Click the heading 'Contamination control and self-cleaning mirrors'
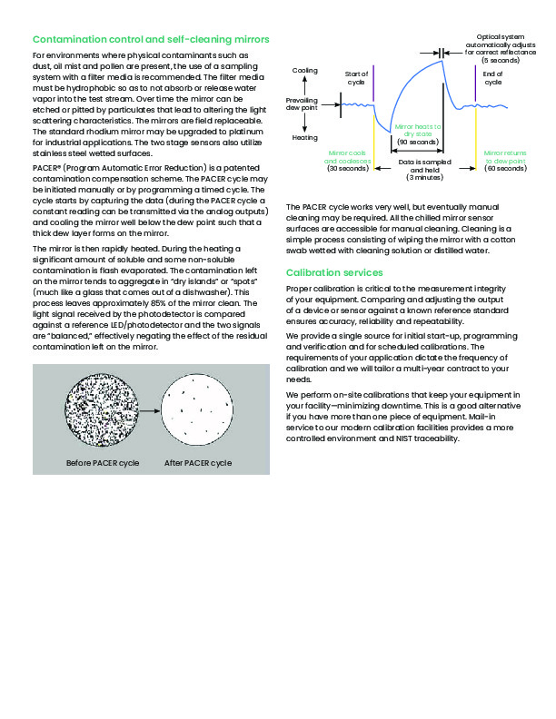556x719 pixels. [150, 40]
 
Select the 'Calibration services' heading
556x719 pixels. [334, 272]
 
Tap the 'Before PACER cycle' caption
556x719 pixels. [103, 463]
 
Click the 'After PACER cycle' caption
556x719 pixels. [197, 463]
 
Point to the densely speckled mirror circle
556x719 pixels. [101, 412]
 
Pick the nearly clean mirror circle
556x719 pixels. [197, 412]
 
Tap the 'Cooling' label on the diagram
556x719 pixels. [305, 70]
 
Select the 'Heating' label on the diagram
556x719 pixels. [304, 138]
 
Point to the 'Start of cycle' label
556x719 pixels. [357, 78]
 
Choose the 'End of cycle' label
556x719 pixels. [493, 78]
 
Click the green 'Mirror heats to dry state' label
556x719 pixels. [417, 134]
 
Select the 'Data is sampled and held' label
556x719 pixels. [418, 170]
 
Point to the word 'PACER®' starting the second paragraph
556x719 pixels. [47, 168]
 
